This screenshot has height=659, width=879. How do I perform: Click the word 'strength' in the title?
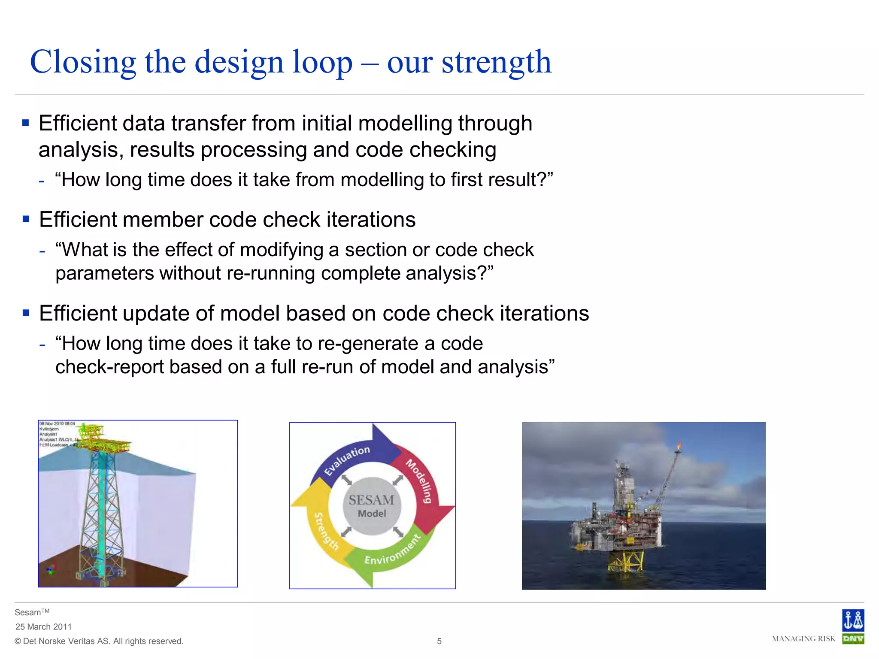point(496,63)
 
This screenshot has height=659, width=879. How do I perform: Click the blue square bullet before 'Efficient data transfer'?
point(26,124)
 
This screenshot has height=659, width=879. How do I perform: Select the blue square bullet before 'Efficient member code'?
point(26,220)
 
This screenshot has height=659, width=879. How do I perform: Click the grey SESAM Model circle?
point(372,506)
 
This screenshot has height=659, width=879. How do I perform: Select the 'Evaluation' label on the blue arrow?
point(347,460)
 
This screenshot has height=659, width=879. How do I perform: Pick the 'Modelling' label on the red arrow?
point(419,481)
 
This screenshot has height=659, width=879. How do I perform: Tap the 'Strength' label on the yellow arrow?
point(326,531)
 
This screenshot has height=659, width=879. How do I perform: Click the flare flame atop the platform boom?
point(679,446)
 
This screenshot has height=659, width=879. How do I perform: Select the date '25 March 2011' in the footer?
point(43,626)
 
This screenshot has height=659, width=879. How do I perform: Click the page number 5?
point(439,641)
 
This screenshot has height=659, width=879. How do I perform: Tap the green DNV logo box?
point(853,639)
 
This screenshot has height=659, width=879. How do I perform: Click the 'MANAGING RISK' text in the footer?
point(803,639)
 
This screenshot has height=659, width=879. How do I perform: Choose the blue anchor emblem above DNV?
point(853,620)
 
